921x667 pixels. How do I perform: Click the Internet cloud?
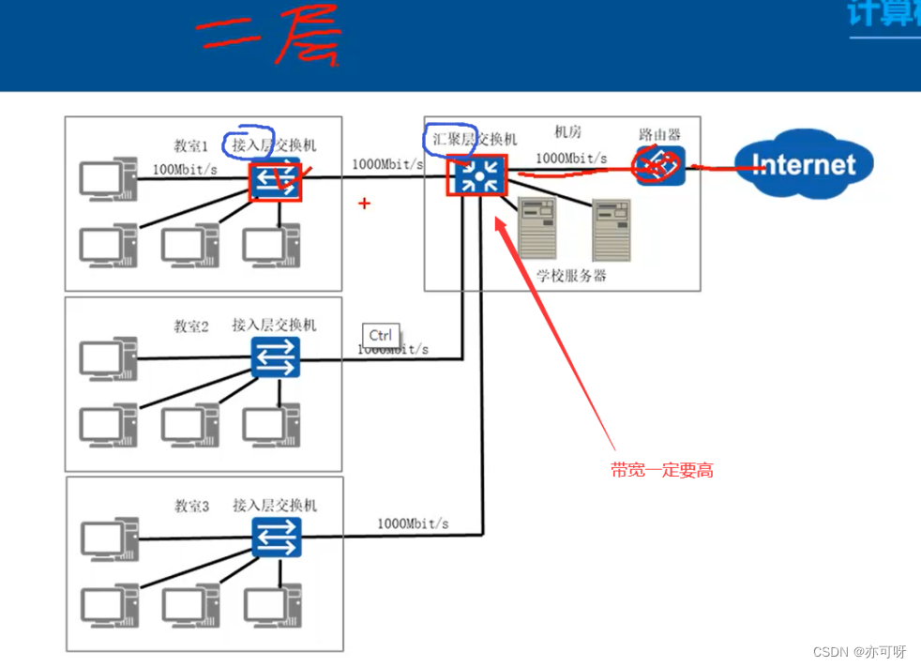click(803, 165)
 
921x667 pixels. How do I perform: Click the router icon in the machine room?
click(660, 165)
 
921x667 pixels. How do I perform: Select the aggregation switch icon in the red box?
click(477, 174)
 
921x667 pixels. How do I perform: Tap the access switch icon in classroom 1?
click(276, 181)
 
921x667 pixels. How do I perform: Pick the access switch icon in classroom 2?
click(275, 356)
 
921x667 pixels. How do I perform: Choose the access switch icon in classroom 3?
click(276, 538)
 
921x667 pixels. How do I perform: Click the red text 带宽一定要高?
click(662, 471)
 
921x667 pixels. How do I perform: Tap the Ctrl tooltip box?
click(381, 336)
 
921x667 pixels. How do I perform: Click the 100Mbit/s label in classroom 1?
click(186, 170)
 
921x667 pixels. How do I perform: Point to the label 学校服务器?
click(571, 276)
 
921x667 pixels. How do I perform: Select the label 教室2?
click(191, 326)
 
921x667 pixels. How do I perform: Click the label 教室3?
click(191, 507)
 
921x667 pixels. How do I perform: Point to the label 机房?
click(567, 132)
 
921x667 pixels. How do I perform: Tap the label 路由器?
click(659, 135)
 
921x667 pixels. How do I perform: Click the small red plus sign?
click(365, 203)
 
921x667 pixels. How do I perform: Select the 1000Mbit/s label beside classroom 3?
click(413, 523)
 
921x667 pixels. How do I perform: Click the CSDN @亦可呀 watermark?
click(859, 652)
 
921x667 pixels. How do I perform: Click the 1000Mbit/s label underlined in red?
click(571, 159)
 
